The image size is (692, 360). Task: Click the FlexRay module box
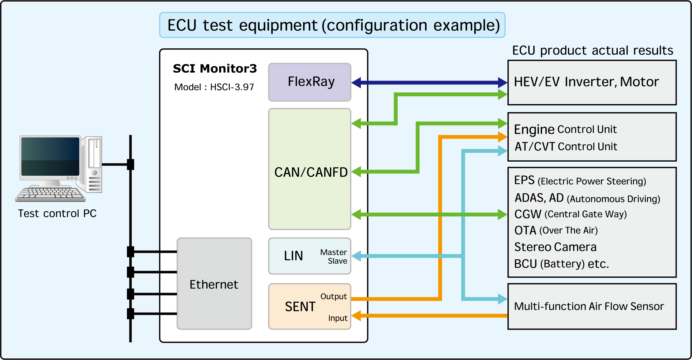[309, 82]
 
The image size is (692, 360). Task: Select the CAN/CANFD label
[311, 172]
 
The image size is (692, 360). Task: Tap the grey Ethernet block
[214, 284]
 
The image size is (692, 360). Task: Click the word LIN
[293, 256]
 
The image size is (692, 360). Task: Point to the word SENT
[300, 307]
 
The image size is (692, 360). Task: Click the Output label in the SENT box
[333, 296]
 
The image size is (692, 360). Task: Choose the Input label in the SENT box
[338, 318]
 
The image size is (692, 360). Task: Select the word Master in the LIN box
[333, 252]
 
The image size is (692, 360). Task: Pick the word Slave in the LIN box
[337, 261]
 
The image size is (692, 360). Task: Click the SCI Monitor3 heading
[215, 69]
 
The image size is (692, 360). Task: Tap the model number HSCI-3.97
[232, 87]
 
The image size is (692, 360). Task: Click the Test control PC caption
[57, 213]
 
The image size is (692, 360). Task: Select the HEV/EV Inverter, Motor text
[586, 82]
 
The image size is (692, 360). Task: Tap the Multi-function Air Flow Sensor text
[589, 306]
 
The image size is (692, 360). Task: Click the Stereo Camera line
[555, 247]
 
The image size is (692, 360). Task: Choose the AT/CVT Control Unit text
[566, 147]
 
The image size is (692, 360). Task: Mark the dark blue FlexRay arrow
[428, 82]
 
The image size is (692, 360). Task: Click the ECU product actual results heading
[593, 50]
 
